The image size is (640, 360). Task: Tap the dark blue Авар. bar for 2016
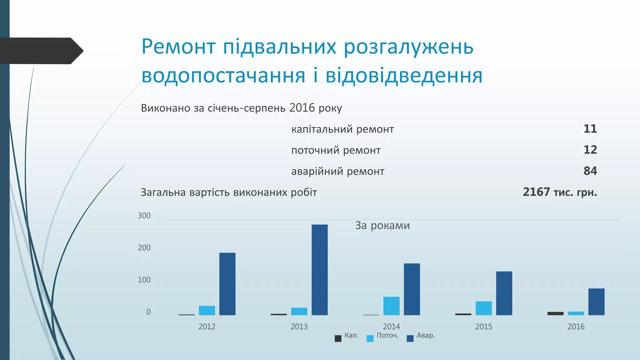(x=596, y=302)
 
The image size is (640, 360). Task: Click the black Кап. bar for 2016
(x=555, y=313)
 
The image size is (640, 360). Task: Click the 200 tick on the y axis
(x=144, y=248)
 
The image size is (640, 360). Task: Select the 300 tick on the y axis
(x=144, y=216)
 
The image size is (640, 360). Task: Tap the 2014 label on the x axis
(x=391, y=327)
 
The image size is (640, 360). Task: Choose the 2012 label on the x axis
(x=207, y=327)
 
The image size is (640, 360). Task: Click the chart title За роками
(x=382, y=225)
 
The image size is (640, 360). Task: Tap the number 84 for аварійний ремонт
(x=590, y=171)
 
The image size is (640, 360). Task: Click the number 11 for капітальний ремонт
(x=590, y=129)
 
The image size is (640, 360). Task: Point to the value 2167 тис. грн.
(x=560, y=192)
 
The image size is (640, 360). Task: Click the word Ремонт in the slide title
(x=178, y=47)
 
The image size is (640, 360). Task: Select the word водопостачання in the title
(x=223, y=76)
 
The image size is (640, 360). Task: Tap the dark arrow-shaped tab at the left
(x=41, y=51)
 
